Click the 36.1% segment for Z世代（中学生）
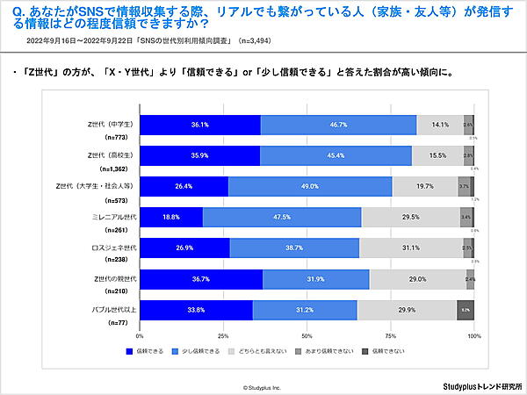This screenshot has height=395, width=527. coord(200,125)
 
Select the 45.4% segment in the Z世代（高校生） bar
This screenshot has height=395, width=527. coord(336,155)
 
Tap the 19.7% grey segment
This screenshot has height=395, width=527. coord(425,186)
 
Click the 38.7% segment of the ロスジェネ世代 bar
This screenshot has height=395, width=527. coord(294,248)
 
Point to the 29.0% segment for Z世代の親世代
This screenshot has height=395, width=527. coord(417,279)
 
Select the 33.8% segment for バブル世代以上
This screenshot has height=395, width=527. coord(196,310)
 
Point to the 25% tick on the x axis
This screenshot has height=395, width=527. coord(223,336)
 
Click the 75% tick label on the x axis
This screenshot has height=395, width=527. coord(391,336)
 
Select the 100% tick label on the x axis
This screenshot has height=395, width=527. coord(474,336)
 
